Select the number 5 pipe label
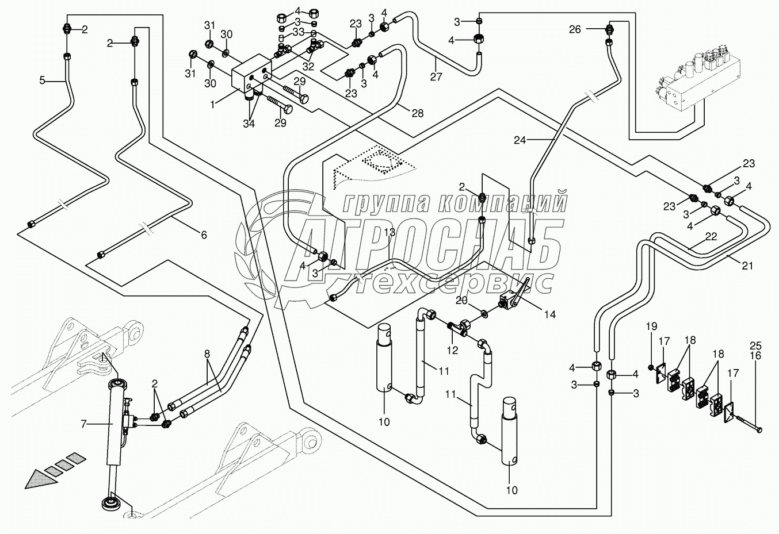click(42, 80)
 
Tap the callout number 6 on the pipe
click(203, 235)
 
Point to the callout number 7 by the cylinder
click(83, 424)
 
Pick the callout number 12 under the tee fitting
click(453, 351)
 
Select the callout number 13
click(390, 232)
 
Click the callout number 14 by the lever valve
click(550, 314)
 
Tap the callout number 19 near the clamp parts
click(651, 327)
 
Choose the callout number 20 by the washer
click(462, 299)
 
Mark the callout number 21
click(747, 266)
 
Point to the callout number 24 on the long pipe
click(521, 139)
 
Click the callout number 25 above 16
click(755, 345)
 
